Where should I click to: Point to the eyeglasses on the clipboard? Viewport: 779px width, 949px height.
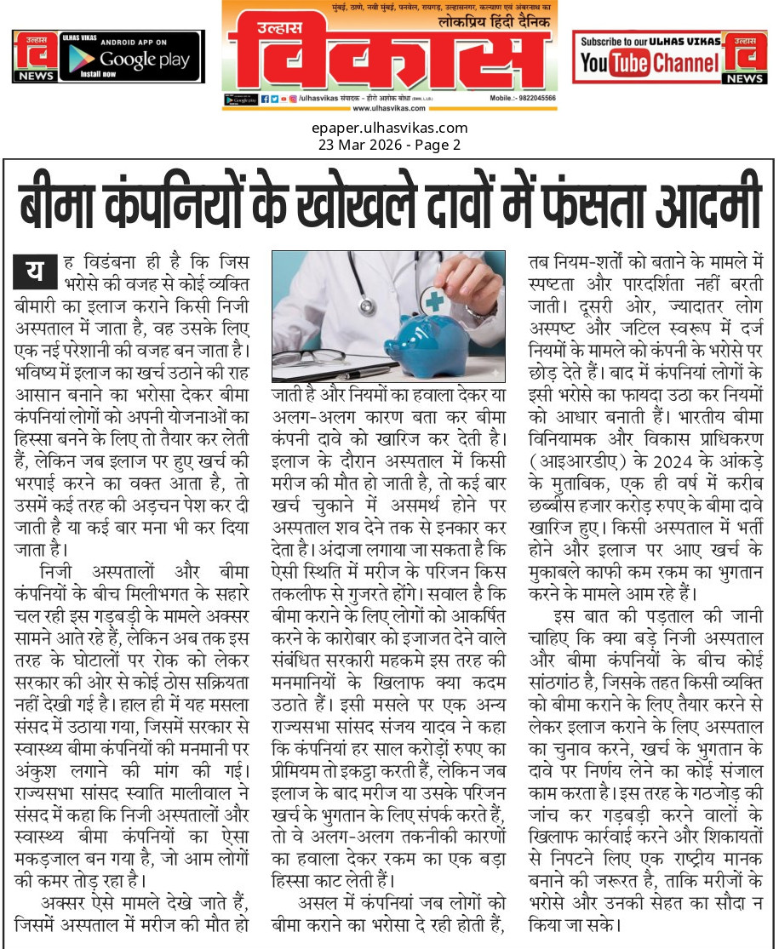click(300, 356)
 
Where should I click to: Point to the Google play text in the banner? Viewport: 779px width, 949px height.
click(142, 59)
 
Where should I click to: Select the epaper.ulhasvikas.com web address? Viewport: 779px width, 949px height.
click(389, 129)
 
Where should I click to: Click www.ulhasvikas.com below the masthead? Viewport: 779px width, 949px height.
click(388, 109)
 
